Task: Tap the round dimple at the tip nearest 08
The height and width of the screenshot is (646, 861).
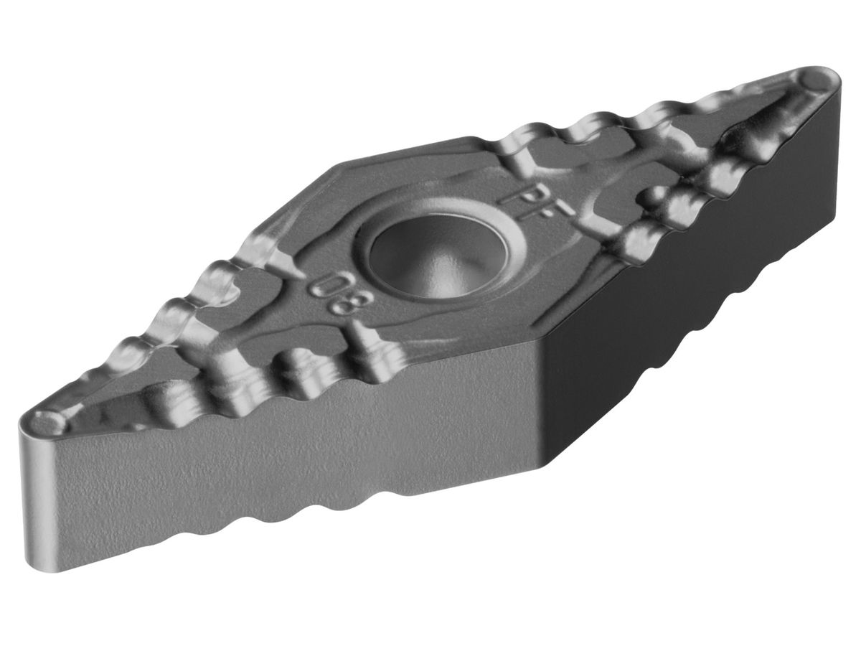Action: click(x=52, y=421)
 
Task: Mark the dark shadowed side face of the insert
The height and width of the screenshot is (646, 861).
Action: click(x=682, y=301)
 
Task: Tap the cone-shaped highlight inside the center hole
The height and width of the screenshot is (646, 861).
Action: click(x=438, y=273)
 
